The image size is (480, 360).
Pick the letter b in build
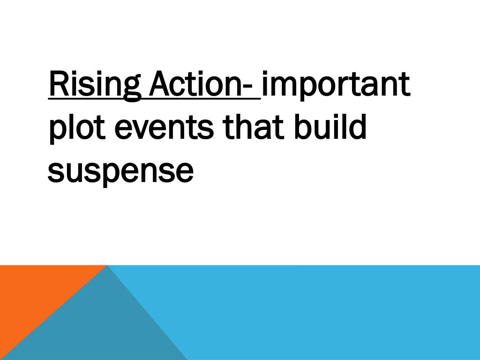pyautogui.click(x=302, y=127)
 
